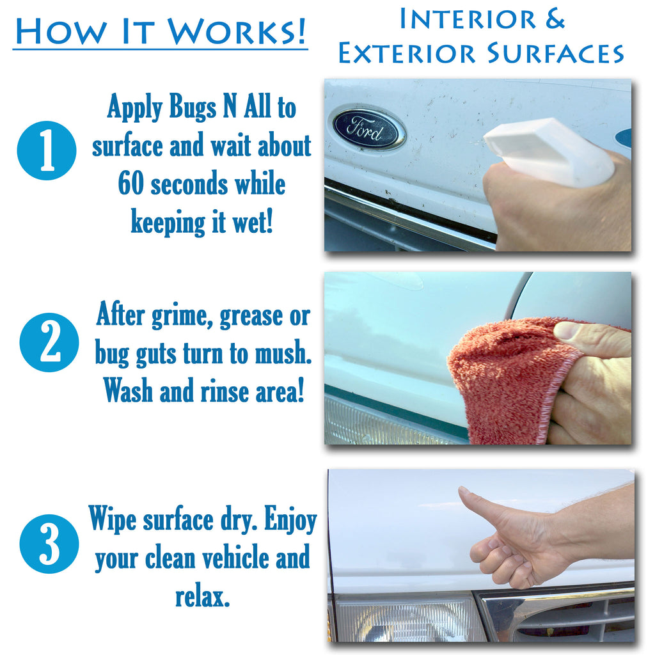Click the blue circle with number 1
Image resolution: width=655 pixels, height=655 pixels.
coord(46,150)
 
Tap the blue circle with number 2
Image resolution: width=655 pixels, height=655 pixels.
coord(49,342)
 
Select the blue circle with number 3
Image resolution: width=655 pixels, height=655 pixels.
coord(49,544)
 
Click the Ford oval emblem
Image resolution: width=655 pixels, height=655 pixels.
coord(369,128)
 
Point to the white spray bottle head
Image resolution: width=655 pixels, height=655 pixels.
coord(548,151)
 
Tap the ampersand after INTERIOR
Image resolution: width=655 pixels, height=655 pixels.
coord(555,19)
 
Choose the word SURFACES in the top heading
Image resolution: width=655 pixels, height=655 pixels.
coord(555,54)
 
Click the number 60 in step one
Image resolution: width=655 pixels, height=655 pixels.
coord(130,184)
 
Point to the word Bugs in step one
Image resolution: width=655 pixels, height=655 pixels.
coord(193,107)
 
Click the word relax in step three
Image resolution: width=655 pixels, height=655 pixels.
coord(202,597)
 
